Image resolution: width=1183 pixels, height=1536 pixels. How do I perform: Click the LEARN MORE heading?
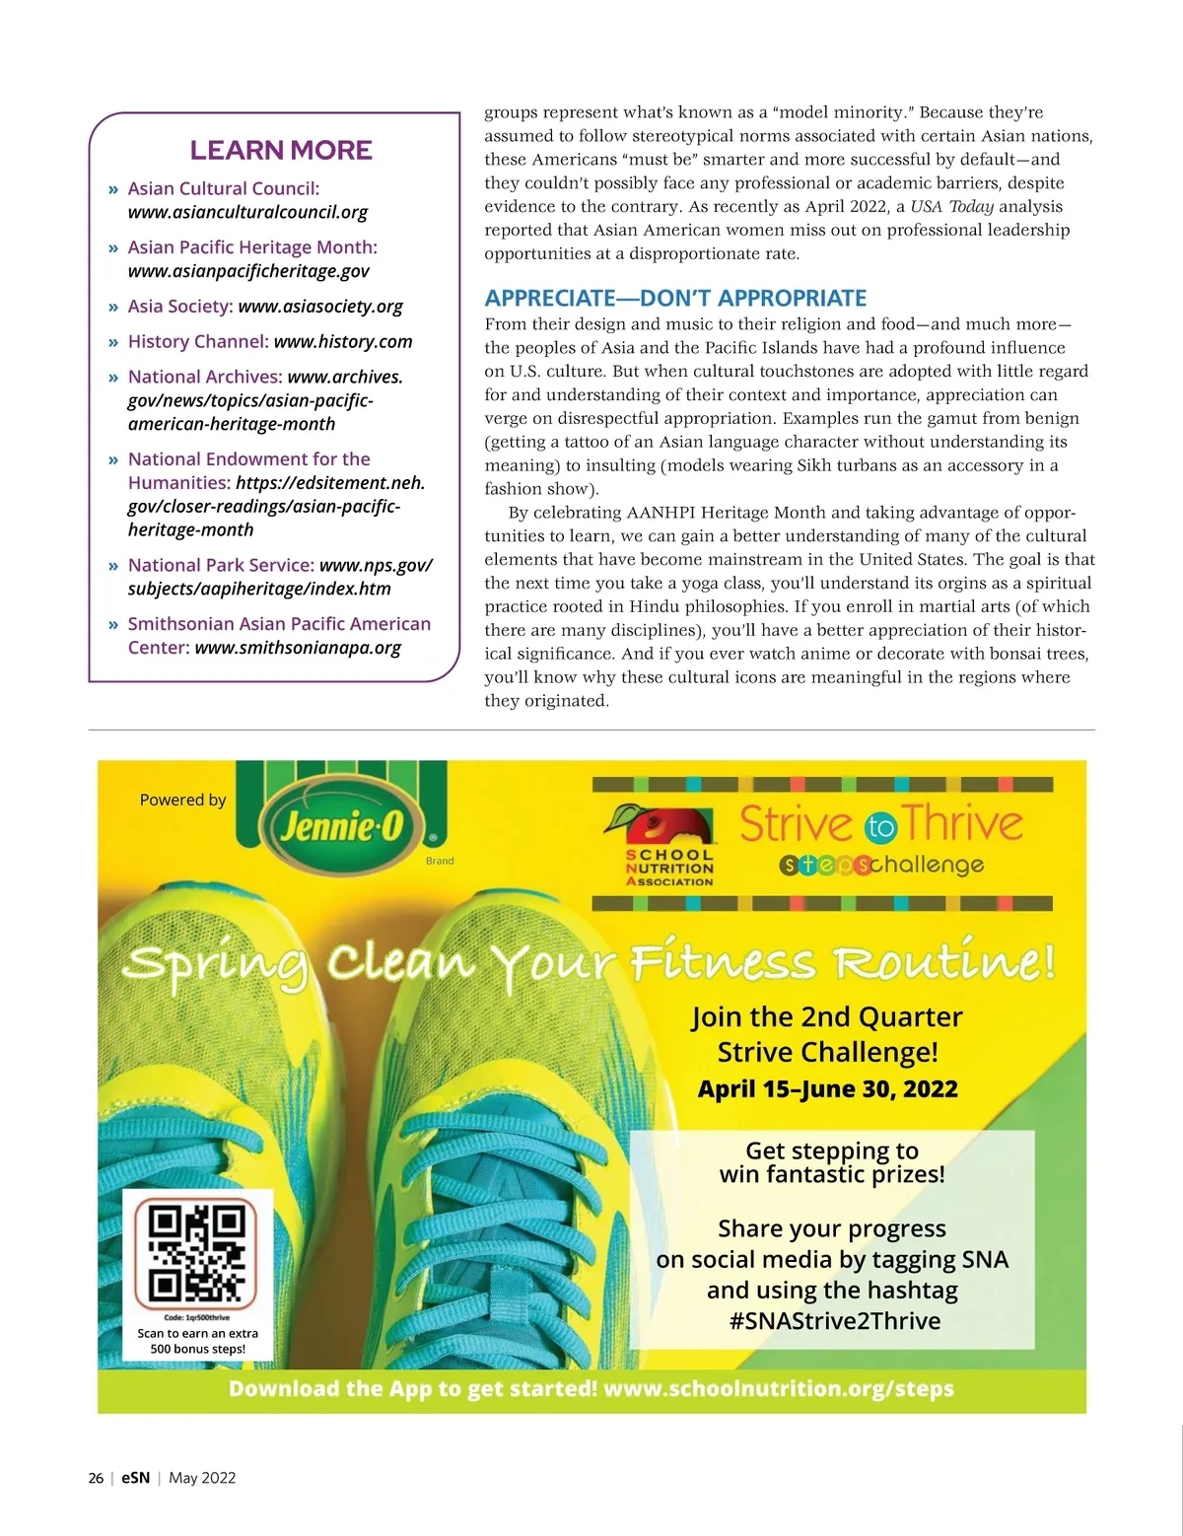coord(281,151)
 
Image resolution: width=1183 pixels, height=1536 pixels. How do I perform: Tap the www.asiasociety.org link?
coord(320,307)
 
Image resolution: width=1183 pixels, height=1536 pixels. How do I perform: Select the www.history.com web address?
coord(343,342)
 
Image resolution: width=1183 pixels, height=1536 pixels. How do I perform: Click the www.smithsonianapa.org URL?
coord(298,648)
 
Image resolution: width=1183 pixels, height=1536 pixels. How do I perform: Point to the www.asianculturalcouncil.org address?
coord(247,212)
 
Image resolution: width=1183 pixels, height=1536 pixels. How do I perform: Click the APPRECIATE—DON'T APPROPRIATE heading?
coord(675,298)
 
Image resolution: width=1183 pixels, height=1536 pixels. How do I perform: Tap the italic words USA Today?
coord(951,206)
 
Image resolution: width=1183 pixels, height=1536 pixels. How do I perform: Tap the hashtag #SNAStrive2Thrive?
coord(835,1321)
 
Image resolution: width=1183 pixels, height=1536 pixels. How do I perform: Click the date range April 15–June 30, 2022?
coord(828,1089)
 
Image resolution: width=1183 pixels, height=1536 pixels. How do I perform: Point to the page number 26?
coord(96,1478)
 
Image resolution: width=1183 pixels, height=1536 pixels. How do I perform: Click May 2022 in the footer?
coord(202,1478)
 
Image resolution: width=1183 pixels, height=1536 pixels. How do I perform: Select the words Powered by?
coord(182,800)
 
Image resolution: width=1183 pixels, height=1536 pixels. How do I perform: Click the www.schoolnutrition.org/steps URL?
coord(779,1389)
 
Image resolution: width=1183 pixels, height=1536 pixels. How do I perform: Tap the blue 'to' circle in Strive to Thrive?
coord(880,827)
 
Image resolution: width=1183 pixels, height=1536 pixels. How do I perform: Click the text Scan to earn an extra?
coord(197,1333)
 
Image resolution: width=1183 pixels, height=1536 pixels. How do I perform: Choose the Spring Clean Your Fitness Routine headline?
coord(590,961)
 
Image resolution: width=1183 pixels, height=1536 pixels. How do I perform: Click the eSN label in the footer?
coord(136,1478)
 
